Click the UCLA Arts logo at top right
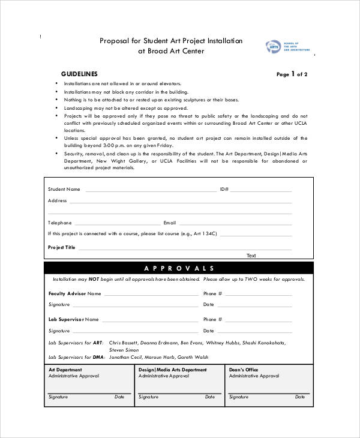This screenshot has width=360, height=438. (x=287, y=47)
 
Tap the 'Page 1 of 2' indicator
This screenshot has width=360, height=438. (x=292, y=74)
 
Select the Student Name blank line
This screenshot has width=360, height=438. (x=150, y=190)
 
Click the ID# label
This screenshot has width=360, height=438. (x=224, y=190)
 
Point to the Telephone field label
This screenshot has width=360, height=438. (x=60, y=223)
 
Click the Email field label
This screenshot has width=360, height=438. (x=169, y=223)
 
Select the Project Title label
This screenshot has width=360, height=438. (x=62, y=247)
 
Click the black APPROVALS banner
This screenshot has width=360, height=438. (x=179, y=268)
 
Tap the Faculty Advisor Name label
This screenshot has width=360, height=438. (x=74, y=294)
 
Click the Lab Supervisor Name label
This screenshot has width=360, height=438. (x=73, y=320)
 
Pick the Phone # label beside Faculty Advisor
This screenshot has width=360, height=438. (x=212, y=294)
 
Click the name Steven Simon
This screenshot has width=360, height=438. (x=124, y=349)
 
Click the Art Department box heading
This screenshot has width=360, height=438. (x=65, y=370)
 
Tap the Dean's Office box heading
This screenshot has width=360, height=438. (x=244, y=370)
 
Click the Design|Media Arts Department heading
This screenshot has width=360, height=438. (x=173, y=370)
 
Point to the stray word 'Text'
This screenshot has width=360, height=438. (x=251, y=256)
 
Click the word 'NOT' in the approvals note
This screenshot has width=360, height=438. (x=94, y=280)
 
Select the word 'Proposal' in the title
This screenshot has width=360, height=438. (x=115, y=41)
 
